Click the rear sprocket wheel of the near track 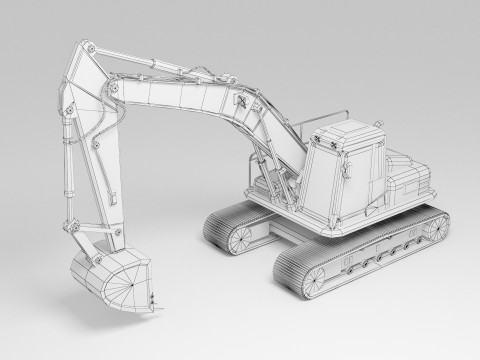point(436,226)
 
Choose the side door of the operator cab point(355,180)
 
